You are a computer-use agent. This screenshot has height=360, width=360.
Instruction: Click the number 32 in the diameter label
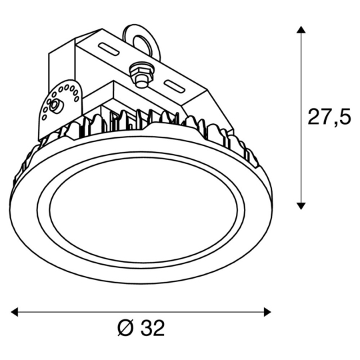(x=153, y=328)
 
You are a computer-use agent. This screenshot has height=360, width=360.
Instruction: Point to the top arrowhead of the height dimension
(x=301, y=30)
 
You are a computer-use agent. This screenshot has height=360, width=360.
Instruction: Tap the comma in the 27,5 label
(x=335, y=124)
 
